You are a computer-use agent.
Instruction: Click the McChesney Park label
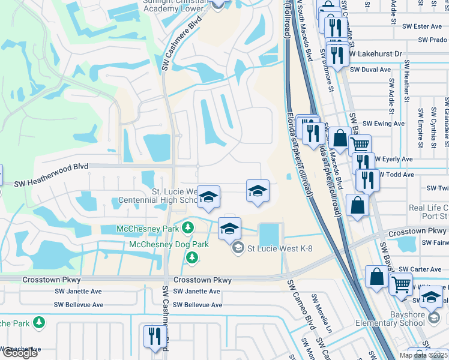coord(149,229)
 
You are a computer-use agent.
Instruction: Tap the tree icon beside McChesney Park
coord(188,228)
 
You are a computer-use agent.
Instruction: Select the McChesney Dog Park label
coord(169,244)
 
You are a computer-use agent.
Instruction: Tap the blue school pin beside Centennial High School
coord(208,197)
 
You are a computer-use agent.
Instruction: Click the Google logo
coord(20,353)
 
